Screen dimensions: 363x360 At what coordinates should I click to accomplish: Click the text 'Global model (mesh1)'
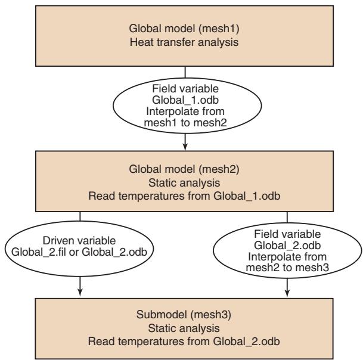(184, 29)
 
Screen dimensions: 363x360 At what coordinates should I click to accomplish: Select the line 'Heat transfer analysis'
(184, 42)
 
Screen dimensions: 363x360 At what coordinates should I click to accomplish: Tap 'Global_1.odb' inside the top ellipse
(185, 100)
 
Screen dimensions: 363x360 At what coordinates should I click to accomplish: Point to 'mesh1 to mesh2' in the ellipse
(185, 123)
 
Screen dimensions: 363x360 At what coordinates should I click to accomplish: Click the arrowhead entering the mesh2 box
(185, 147)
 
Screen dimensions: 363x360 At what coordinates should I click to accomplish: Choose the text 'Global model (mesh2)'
(184, 169)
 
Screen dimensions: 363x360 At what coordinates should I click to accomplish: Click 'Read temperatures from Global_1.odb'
(184, 196)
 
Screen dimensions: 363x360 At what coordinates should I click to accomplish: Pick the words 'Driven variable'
(79, 241)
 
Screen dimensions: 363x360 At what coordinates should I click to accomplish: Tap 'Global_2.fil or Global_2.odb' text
(79, 252)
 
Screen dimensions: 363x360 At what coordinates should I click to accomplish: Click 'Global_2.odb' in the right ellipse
(287, 246)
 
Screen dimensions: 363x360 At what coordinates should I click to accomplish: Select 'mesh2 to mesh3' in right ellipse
(287, 268)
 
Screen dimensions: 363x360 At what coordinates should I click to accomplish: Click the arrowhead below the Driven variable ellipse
(80, 293)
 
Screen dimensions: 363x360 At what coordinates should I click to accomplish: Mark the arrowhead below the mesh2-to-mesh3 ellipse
(287, 293)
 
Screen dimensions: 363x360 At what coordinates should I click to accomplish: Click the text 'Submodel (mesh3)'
(184, 315)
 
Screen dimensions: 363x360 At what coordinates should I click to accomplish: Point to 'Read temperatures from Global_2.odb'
(184, 342)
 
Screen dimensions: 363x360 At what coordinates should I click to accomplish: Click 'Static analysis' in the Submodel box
(184, 328)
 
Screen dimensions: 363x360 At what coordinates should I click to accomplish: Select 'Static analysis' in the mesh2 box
(184, 183)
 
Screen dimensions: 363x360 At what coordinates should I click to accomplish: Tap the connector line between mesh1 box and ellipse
(185, 72)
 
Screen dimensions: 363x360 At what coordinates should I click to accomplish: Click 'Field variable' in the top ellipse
(185, 89)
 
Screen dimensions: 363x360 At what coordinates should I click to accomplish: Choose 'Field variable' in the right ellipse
(287, 234)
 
